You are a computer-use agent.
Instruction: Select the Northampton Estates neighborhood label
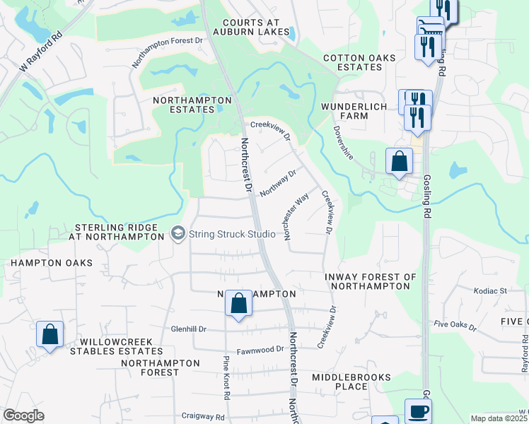point(193,105)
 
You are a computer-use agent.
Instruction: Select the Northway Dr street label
point(277,183)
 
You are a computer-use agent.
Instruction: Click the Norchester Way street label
point(296,218)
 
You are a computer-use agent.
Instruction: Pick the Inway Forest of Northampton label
point(367,281)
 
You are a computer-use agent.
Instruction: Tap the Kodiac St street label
point(494,290)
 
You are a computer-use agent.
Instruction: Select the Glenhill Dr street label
point(189,329)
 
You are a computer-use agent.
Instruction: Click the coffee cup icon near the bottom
point(417,410)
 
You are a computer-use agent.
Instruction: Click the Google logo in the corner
point(23,416)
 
